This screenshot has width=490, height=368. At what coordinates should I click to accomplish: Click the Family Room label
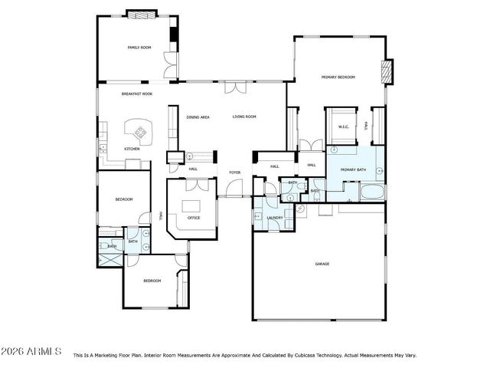(139, 48)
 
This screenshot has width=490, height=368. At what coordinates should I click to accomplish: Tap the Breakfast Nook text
(136, 94)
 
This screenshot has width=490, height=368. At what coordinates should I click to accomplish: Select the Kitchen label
(132, 149)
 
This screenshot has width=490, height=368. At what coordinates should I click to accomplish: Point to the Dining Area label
(198, 117)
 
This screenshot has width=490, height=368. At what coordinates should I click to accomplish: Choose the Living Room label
(244, 117)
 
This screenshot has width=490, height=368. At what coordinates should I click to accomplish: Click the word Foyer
(234, 172)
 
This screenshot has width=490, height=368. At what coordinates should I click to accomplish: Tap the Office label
(194, 219)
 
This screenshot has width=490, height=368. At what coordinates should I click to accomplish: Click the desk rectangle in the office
(190, 205)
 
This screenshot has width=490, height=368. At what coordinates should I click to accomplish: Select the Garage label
(322, 264)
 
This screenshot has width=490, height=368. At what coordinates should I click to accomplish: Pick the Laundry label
(275, 218)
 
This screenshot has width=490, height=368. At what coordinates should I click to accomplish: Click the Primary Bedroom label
(338, 77)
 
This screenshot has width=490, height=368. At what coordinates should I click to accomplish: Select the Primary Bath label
(353, 169)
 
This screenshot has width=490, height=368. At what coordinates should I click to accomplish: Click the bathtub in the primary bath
(373, 191)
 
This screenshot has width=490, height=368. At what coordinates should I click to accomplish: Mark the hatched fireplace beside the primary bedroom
(387, 71)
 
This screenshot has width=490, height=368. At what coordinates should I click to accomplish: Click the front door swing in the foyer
(235, 188)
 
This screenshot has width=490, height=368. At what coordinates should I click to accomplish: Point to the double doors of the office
(196, 185)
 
